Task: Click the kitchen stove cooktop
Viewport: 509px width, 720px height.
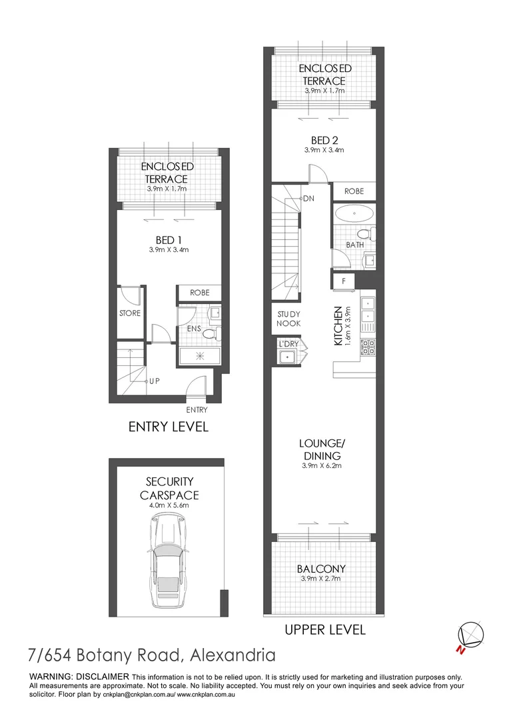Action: pos(368,347)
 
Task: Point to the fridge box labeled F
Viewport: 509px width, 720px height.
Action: pos(343,281)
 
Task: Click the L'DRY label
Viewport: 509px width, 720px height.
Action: pos(289,345)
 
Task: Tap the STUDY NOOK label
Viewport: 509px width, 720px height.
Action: pos(288,319)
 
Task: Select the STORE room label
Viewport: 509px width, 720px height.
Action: pos(130,313)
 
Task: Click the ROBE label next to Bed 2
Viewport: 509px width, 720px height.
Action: pos(354,191)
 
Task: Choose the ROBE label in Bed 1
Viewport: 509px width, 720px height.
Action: pos(199,293)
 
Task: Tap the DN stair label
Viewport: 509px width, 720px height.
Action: pos(309,199)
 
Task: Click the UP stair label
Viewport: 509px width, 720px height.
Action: pos(155,381)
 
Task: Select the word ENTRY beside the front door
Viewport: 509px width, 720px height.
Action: pos(197,410)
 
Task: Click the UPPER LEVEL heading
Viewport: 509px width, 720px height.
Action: pos(324,629)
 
